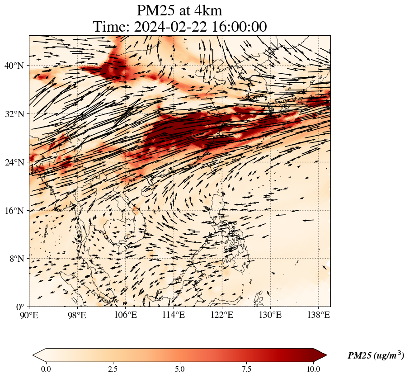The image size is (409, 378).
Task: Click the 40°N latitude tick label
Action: [x=14, y=66]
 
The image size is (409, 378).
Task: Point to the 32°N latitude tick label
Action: [x=14, y=114]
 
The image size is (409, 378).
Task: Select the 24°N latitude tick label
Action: [x=14, y=162]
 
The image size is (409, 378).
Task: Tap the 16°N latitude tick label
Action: [x=14, y=211]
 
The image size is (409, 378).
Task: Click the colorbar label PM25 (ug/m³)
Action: [x=376, y=356]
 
